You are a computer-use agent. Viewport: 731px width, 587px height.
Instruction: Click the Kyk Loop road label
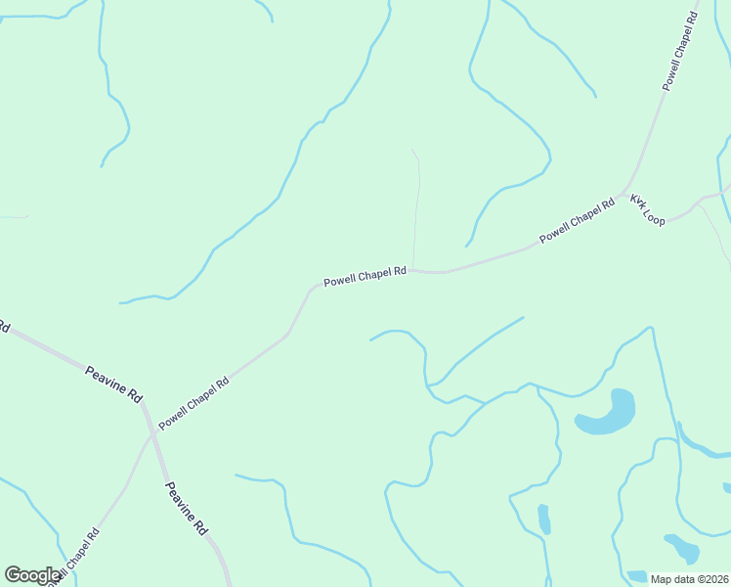click(x=647, y=209)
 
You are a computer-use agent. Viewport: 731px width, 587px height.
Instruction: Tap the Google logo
click(x=32, y=574)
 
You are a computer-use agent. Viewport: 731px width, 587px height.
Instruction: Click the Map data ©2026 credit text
click(x=689, y=579)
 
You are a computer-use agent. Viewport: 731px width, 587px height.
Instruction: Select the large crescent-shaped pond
click(x=608, y=414)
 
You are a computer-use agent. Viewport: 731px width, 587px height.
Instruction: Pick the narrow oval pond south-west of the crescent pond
click(x=543, y=519)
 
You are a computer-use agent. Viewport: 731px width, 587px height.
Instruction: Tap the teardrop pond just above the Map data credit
click(x=682, y=548)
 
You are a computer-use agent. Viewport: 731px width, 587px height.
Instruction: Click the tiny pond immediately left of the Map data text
click(x=637, y=576)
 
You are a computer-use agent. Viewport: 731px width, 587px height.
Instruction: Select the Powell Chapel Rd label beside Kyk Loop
click(x=577, y=220)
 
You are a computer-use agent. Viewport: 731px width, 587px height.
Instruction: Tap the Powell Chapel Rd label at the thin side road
click(x=365, y=277)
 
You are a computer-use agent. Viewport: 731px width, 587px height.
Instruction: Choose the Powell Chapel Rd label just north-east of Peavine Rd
click(x=193, y=402)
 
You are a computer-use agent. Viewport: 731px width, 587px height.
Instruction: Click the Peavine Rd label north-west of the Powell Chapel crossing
click(x=113, y=384)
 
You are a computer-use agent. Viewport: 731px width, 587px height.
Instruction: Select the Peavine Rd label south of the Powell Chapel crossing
click(x=186, y=508)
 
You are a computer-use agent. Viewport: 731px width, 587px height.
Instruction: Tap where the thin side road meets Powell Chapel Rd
click(x=413, y=270)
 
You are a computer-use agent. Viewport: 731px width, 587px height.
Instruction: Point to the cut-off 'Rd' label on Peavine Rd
click(x=4, y=327)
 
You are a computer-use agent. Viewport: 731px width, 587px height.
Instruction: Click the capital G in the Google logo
click(x=13, y=574)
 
